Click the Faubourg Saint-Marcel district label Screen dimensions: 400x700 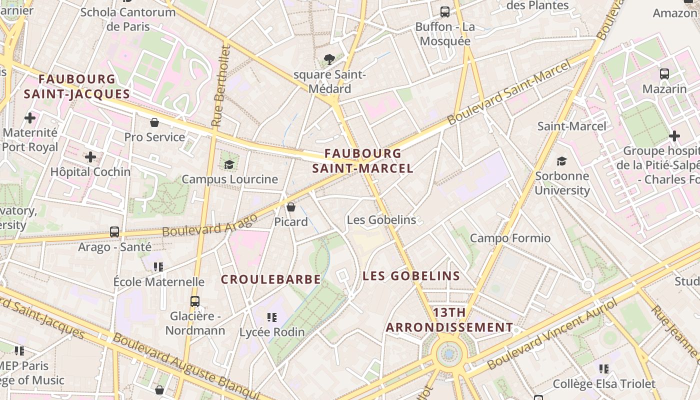pos(362,161)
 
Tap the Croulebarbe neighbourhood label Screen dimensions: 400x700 pos(270,279)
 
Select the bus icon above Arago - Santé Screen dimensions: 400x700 pos(114,232)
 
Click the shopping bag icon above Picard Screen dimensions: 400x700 pos(291,207)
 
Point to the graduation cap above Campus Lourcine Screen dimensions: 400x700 pos(229,164)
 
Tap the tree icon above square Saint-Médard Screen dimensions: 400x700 pos(329,60)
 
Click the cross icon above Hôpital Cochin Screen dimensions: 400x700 pos(90,157)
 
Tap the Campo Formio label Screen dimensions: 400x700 pos(510,238)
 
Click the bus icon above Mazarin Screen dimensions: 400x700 pos(664,74)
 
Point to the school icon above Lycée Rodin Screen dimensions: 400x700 pos(272,317)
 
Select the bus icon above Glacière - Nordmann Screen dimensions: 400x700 pos(195,301)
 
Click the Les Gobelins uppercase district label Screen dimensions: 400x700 pos(411,276)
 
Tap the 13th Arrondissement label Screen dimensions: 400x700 pos(449,320)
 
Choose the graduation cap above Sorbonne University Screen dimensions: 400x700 pos(562,161)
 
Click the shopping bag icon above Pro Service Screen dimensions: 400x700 pos(154,122)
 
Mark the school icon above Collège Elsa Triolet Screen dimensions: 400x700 pos(604,369)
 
